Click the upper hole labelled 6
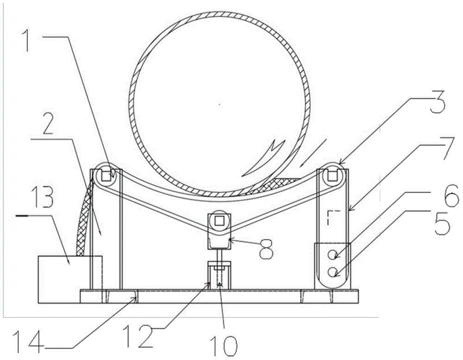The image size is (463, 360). click(332, 254)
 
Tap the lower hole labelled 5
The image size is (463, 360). click(332, 272)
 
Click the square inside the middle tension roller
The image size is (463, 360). click(219, 220)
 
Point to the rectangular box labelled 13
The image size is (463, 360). click(70, 279)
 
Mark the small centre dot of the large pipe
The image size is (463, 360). click(219, 104)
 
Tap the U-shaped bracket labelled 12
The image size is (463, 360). click(219, 275)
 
